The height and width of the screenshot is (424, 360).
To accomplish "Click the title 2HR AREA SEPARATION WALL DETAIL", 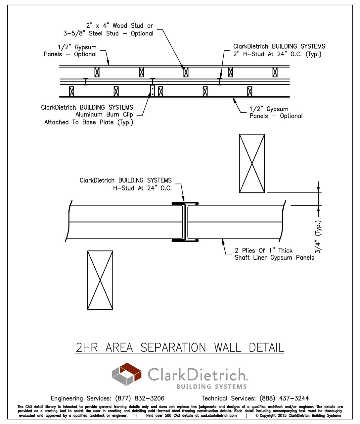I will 180,347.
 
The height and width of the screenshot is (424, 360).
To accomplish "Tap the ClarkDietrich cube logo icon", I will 126,374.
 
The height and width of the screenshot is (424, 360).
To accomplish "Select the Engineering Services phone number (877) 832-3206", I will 140,398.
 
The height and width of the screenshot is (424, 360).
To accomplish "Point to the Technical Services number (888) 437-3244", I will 284,398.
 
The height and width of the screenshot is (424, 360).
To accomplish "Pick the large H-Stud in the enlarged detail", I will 185,222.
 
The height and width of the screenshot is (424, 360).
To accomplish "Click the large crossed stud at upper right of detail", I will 252,163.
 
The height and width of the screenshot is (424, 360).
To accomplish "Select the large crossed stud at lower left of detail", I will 100,280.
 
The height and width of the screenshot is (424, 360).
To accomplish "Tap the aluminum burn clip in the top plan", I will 153,91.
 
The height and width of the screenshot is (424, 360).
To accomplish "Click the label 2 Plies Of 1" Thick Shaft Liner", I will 274,254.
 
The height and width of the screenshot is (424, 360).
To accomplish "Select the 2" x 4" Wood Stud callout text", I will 109,29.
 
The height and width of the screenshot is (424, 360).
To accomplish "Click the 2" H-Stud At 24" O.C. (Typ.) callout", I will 279,50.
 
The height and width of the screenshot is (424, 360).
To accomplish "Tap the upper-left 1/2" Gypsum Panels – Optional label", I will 70,51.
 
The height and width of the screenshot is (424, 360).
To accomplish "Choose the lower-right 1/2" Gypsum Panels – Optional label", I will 276,112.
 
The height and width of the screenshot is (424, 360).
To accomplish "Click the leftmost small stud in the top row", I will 97,72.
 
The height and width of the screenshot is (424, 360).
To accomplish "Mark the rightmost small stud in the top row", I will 275,72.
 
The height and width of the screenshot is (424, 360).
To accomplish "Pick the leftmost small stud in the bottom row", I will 71,91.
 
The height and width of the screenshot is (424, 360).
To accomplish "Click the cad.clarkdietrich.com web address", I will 219,415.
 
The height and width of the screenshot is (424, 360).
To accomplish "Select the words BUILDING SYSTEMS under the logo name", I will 211,387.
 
